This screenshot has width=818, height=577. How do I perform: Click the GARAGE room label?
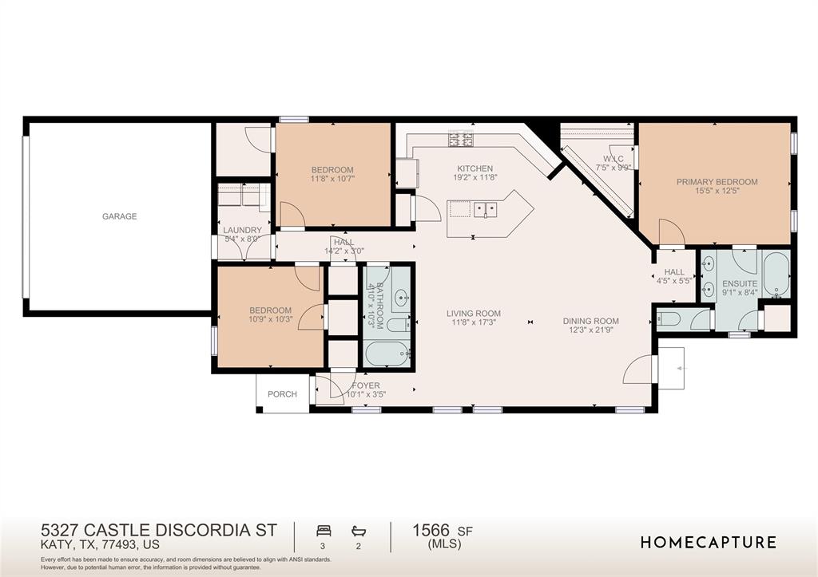(x=120, y=216)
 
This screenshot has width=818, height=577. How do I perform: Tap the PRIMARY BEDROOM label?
(x=717, y=182)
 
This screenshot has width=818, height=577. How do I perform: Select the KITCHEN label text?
(x=475, y=168)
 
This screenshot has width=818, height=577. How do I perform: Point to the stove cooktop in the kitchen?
(x=461, y=139)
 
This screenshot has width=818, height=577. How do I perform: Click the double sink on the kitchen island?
(x=485, y=210)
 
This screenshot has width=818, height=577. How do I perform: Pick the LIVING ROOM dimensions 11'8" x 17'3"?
(x=474, y=322)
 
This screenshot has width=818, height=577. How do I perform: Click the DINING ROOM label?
(x=590, y=321)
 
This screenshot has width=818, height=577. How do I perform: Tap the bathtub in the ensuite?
(x=776, y=275)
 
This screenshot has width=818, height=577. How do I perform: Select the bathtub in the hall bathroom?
(x=387, y=354)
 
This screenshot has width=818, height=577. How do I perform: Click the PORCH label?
(x=282, y=394)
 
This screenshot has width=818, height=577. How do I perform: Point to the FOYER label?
(x=366, y=385)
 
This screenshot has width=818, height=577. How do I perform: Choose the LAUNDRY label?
(x=243, y=230)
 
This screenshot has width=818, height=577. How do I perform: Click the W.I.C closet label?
(x=613, y=159)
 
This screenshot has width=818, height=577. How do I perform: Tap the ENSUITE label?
(x=740, y=283)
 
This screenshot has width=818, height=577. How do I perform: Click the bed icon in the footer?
(x=324, y=532)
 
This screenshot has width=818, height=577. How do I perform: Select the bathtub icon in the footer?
(x=359, y=532)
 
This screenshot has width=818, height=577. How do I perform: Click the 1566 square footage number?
(x=431, y=530)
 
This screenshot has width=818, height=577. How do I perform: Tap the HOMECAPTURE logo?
(x=709, y=543)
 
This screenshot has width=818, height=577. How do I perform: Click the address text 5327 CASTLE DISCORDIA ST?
(x=159, y=530)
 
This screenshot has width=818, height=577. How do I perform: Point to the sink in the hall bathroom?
(x=402, y=298)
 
